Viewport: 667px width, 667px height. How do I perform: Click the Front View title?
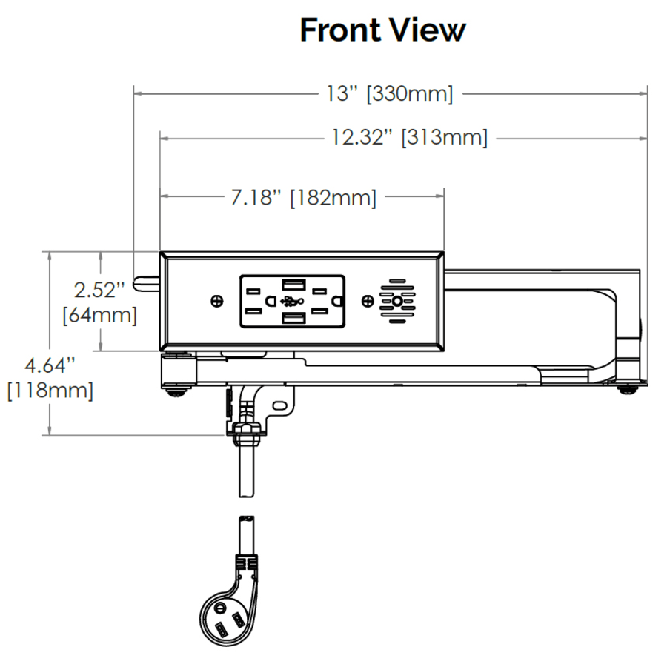[x=382, y=30]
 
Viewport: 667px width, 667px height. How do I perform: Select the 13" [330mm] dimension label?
[x=389, y=94]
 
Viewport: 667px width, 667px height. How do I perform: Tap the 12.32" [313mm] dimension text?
[x=409, y=138]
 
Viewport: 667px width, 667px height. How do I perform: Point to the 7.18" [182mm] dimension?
[x=303, y=198]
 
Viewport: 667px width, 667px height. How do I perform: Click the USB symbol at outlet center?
[x=293, y=301]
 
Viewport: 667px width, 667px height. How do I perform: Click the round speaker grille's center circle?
[x=399, y=301]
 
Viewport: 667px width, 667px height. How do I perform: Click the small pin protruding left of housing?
[x=145, y=282]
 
